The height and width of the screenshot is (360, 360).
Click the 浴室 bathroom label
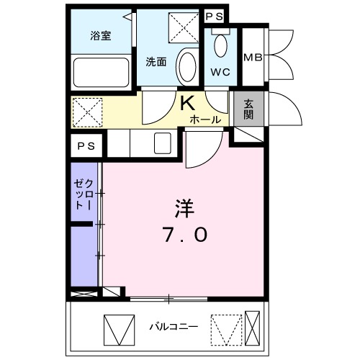point(100,35)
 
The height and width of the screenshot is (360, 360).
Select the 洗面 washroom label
point(156,62)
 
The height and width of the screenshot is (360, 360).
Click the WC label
point(220,73)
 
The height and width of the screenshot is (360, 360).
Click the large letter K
point(187,103)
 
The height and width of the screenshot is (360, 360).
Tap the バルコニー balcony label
point(173,327)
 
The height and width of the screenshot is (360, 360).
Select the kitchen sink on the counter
point(162,142)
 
